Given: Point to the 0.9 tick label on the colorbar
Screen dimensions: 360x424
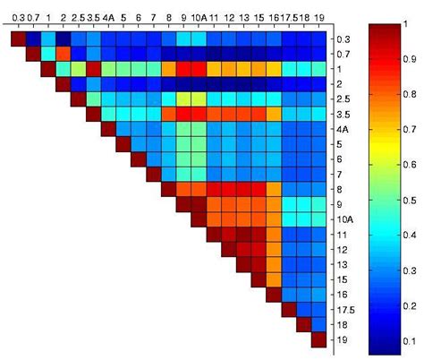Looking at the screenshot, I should pos(409,59).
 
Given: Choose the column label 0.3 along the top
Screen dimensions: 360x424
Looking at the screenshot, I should pos(17,17).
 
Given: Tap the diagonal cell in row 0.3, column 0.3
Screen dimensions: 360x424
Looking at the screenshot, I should pos(17,39).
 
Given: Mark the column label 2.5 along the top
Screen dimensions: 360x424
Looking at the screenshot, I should pos(77,17).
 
